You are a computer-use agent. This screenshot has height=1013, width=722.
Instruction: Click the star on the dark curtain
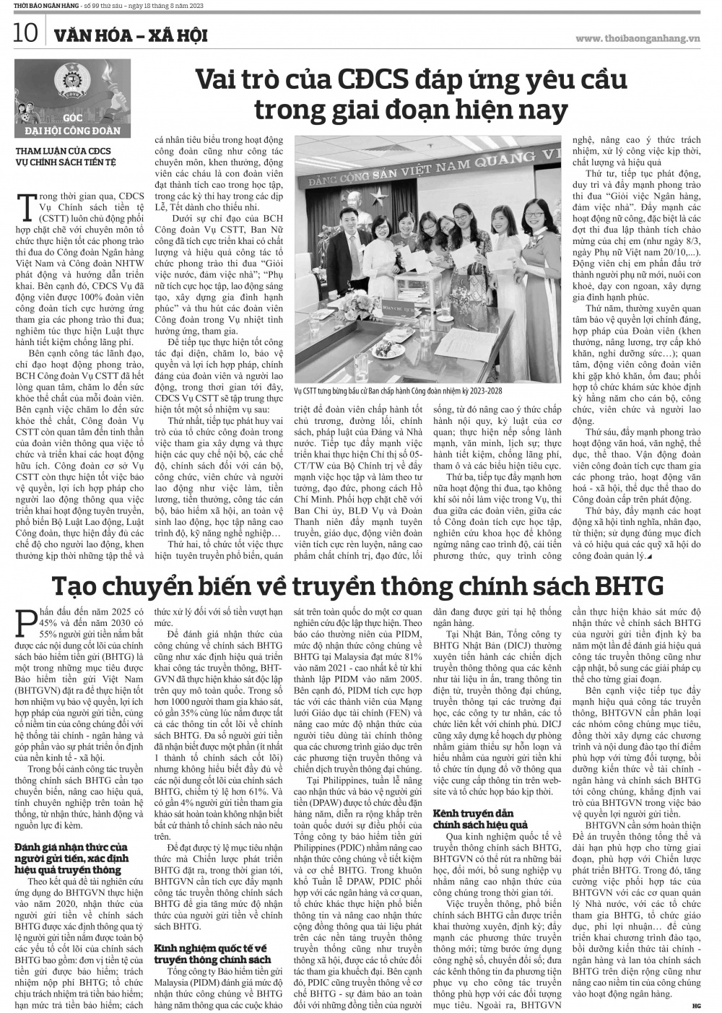(x=379, y=196)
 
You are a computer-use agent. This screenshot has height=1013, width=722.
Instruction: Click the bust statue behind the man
(x=356, y=208)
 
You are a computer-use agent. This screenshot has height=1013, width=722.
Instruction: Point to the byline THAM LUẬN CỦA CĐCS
(x=64, y=150)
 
